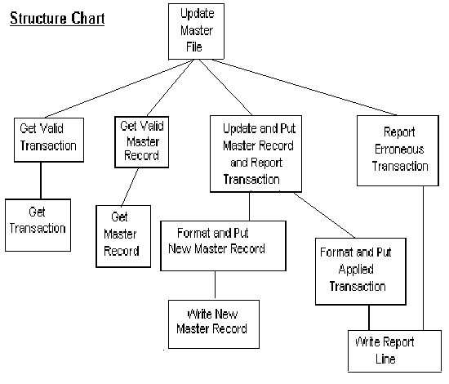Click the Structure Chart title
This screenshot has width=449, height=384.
(57, 19)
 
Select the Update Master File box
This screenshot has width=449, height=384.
(196, 31)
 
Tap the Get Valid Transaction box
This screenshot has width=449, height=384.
(49, 140)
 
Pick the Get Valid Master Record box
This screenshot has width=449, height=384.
(141, 142)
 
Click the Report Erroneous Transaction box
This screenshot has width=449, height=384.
(398, 150)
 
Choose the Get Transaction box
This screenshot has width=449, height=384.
(38, 225)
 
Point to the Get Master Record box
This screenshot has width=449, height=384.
(123, 236)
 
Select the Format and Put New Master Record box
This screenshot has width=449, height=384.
(223, 246)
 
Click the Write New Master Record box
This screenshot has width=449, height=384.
(214, 324)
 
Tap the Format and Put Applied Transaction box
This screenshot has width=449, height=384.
(361, 271)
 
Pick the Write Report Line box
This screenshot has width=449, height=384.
(394, 351)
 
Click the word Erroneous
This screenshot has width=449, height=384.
(399, 150)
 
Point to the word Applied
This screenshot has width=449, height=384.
(356, 270)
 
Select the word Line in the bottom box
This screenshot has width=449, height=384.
(385, 359)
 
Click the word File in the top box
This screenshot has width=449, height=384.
(194, 47)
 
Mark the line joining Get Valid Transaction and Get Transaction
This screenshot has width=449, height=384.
(41, 181)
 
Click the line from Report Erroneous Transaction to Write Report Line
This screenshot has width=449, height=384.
(423, 258)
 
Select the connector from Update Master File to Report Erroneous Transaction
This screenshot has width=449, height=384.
(305, 87)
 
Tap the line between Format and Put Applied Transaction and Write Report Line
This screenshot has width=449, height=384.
(369, 318)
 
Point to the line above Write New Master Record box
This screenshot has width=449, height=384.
(215, 285)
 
